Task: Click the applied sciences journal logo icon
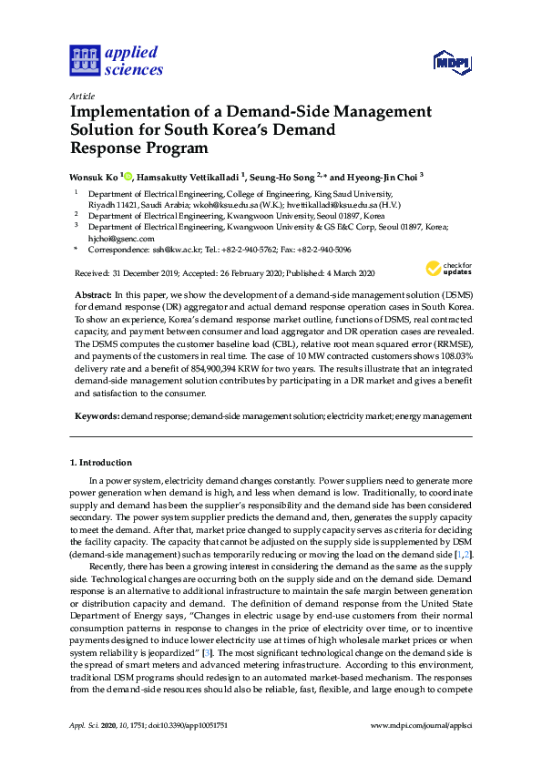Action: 84,60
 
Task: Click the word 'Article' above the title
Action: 82,96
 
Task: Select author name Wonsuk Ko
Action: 94,176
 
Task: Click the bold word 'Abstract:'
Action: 93,297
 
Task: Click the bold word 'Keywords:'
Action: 97,415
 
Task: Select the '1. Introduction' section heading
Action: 104,463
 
